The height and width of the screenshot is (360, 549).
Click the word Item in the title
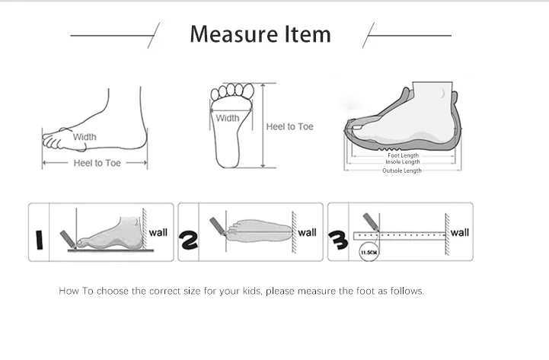308,34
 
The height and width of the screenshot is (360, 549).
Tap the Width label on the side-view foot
85,137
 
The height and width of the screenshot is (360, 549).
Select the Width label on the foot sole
228,118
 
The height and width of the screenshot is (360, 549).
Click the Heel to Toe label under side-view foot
97,163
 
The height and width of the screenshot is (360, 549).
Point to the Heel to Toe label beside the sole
289,126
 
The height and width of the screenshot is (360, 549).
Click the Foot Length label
403,155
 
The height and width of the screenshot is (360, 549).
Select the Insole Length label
403,162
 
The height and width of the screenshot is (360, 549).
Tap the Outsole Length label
402,170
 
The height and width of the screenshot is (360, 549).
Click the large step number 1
40,240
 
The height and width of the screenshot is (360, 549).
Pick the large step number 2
188,240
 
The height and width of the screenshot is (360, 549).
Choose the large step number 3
338,240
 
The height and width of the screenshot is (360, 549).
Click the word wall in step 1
158,233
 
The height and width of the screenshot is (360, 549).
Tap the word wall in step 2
307,233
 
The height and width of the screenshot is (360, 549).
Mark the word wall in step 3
459,233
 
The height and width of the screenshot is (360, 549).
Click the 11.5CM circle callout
369,252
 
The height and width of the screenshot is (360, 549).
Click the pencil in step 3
372,222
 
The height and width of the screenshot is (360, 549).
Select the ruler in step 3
400,236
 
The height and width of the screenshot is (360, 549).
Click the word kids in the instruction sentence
251,291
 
